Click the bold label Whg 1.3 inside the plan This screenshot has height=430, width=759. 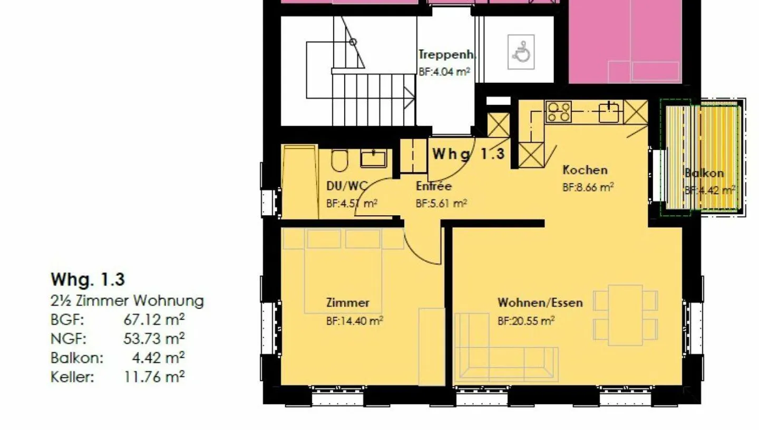click(x=469, y=154)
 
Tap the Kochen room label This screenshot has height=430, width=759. click(x=585, y=170)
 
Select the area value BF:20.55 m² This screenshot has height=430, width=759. click(x=526, y=320)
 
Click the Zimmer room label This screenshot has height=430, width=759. click(x=347, y=303)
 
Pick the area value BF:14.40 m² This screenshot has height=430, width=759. click(x=354, y=320)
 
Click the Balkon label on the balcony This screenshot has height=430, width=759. click(x=704, y=173)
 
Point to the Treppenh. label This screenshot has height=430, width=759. click(x=447, y=54)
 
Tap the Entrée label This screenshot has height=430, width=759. click(x=433, y=186)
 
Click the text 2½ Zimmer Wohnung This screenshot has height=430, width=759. click(x=127, y=301)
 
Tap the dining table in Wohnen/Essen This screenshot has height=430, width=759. click(x=625, y=315)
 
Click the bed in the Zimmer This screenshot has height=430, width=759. click(x=343, y=275)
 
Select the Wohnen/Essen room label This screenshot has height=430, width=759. click(x=540, y=303)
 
